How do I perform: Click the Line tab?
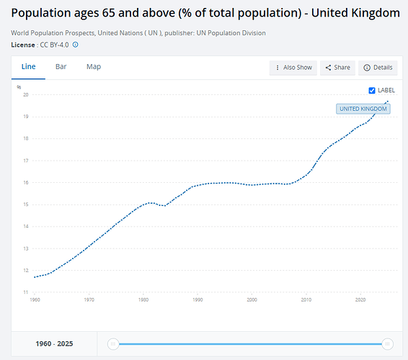(28, 67)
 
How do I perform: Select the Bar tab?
(61, 67)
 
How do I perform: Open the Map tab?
(94, 67)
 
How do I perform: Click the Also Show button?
(293, 68)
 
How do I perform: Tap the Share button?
(337, 68)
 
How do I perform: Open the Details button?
(378, 68)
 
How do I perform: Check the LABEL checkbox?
(372, 91)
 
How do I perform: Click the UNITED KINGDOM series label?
(363, 109)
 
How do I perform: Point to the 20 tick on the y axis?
(26, 94)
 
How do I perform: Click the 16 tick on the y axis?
(26, 182)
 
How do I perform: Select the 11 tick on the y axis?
(26, 292)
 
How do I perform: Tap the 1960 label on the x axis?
(35, 300)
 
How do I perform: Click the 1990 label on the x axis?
(198, 300)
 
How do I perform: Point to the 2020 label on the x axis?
(360, 300)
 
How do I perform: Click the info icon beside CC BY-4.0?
(75, 45)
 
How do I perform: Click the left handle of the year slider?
(113, 344)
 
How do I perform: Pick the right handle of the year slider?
(387, 344)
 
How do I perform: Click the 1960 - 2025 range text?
(54, 344)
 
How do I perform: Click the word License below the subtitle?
(23, 45)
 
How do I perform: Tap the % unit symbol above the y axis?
(19, 87)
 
